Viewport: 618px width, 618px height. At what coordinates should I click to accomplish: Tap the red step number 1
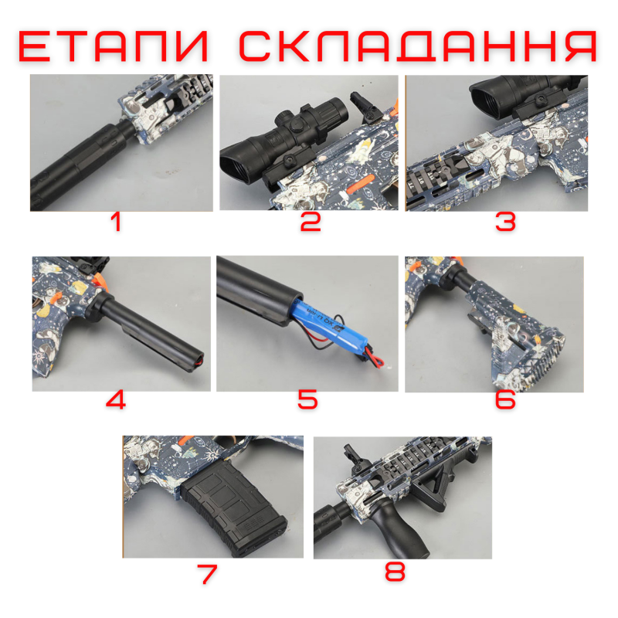coord(116,223)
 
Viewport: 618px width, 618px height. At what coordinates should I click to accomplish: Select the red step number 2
coord(310,223)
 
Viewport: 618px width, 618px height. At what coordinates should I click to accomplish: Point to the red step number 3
coord(505,223)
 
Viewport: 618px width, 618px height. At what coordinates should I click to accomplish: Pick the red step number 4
coord(116,401)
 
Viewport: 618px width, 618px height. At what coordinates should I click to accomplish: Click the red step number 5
coord(307,401)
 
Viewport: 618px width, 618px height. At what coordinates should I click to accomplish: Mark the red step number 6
coord(505,401)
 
